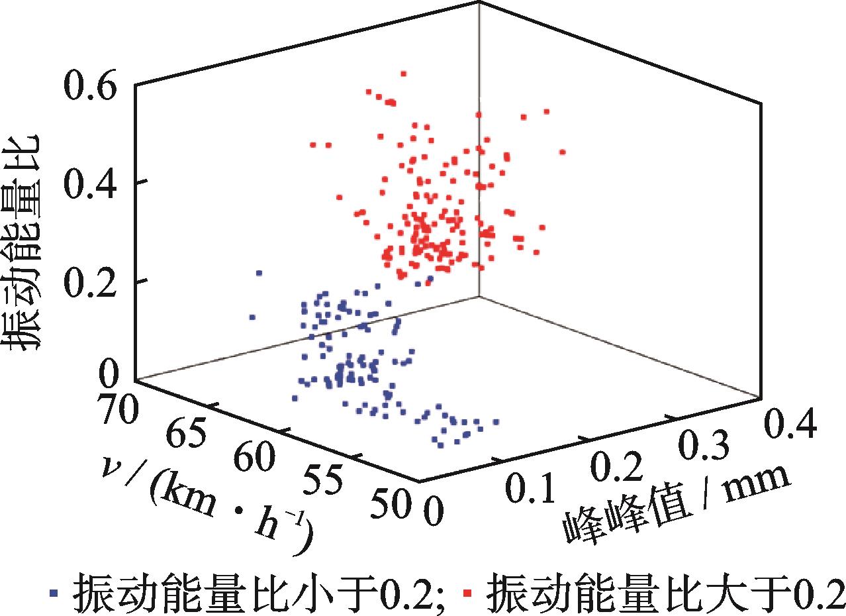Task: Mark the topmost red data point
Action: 404,74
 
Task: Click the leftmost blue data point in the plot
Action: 252,317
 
